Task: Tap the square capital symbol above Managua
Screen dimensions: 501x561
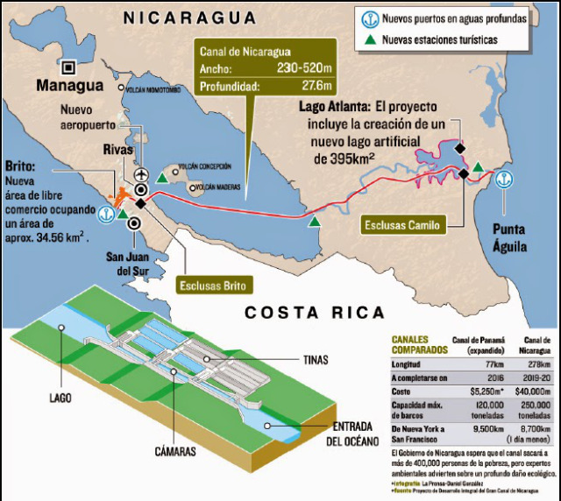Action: coord(67,67)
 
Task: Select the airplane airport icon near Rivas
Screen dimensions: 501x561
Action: coord(141,173)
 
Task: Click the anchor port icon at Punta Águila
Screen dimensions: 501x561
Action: coord(502,180)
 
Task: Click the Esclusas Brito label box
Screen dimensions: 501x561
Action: coord(214,285)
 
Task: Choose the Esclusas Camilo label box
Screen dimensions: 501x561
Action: coord(403,225)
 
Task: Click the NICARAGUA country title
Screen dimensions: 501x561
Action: coord(190,17)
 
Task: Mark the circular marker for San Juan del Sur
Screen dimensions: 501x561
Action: coord(133,222)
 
